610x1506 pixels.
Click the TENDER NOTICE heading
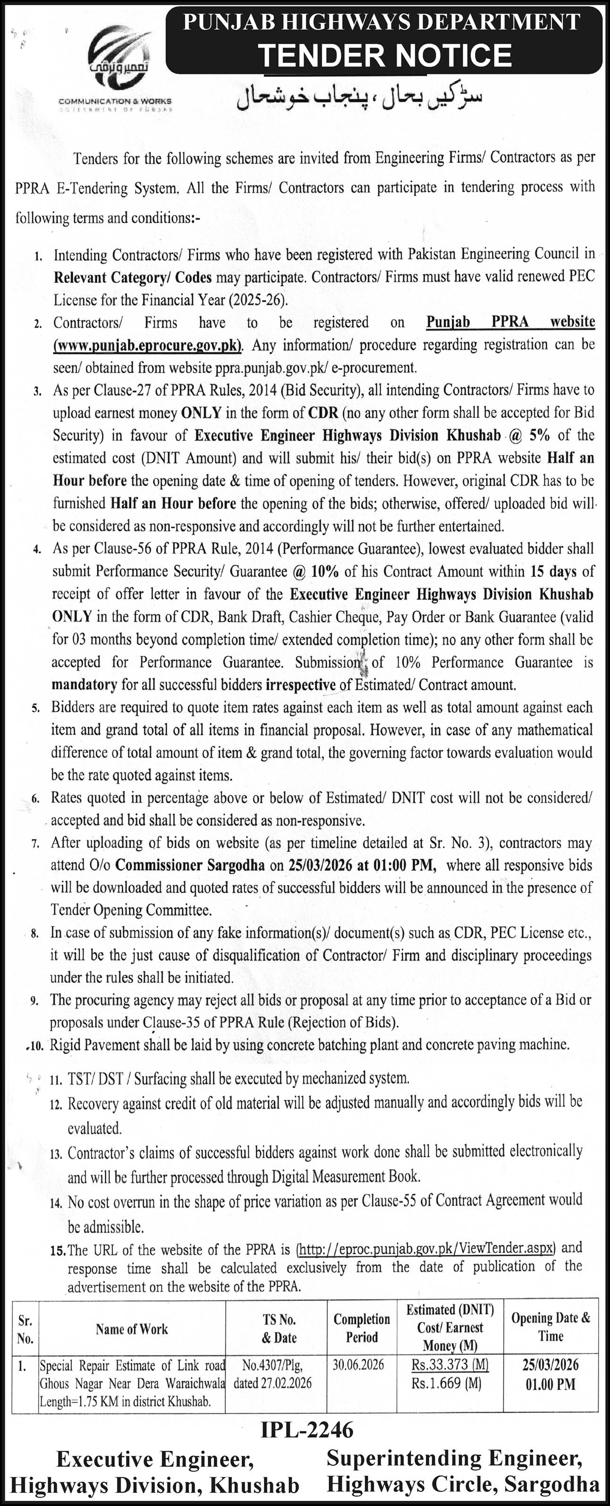[x=384, y=56]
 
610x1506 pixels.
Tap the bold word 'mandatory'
[x=84, y=685]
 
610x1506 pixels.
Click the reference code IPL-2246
[x=307, y=1430]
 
